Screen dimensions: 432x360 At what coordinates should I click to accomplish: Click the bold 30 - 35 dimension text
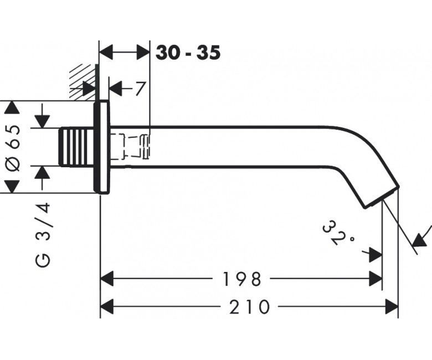(188, 53)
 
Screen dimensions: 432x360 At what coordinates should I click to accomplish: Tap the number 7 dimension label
(140, 89)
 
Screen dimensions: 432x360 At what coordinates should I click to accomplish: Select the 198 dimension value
(241, 279)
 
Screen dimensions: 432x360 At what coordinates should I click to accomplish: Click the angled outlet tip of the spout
(382, 197)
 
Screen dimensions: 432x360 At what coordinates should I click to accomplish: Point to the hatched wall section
(83, 82)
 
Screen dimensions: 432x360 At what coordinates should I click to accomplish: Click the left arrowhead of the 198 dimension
(107, 279)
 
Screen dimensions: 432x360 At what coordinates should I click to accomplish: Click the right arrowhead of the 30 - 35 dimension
(143, 52)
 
